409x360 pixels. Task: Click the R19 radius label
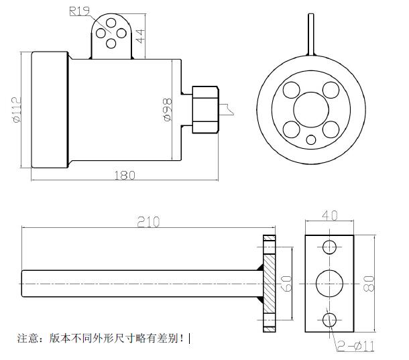(x=80, y=11)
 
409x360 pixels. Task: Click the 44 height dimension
(x=141, y=36)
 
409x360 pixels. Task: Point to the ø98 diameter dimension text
(x=168, y=110)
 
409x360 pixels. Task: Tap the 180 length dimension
(x=125, y=176)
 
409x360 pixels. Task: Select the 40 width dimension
(x=329, y=216)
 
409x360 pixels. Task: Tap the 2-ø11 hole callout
(x=356, y=347)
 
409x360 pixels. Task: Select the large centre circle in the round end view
(x=310, y=109)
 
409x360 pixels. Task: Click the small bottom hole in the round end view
(x=311, y=140)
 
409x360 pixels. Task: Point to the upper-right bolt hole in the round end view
(x=329, y=90)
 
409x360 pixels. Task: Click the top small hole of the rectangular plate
(x=329, y=247)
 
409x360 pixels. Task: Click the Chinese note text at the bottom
(x=101, y=339)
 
